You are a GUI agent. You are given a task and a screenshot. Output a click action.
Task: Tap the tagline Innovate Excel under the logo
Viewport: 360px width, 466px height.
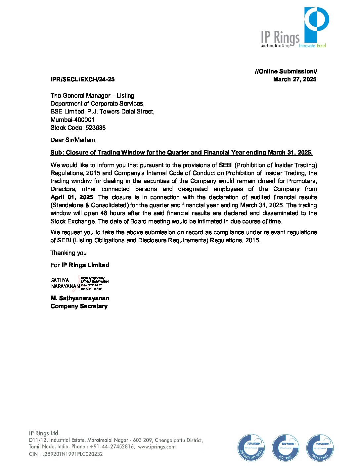(312, 46)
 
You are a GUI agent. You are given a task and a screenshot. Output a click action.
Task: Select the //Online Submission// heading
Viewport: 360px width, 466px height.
(286, 71)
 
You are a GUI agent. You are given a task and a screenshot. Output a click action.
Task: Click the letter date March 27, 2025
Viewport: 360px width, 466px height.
(294, 79)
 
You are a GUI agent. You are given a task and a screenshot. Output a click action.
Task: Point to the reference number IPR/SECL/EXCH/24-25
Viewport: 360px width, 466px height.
(82, 79)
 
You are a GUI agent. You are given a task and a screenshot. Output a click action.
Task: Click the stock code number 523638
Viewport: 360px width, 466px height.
(95, 128)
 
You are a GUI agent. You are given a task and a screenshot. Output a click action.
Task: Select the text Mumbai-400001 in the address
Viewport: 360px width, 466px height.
(72, 120)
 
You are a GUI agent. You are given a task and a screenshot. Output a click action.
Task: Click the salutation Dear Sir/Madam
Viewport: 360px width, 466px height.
(73, 140)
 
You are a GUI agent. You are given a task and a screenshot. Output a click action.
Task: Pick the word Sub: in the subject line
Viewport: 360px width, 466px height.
(57, 153)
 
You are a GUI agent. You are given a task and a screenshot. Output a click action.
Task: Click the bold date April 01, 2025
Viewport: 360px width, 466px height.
(72, 197)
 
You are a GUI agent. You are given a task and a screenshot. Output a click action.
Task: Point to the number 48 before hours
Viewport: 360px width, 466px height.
(104, 213)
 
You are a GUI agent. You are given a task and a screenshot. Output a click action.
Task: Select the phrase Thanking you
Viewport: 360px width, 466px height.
(68, 253)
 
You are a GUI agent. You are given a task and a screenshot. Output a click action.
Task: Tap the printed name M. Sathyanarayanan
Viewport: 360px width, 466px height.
(80, 298)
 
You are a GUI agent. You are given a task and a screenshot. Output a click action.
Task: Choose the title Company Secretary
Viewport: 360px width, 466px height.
(79, 306)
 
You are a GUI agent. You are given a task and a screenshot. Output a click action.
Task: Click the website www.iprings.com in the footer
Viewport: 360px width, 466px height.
(157, 447)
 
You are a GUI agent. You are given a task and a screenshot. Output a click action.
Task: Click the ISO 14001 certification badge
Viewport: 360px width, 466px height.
(286, 448)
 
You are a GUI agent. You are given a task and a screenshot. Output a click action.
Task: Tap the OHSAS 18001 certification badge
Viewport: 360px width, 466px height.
(320, 448)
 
